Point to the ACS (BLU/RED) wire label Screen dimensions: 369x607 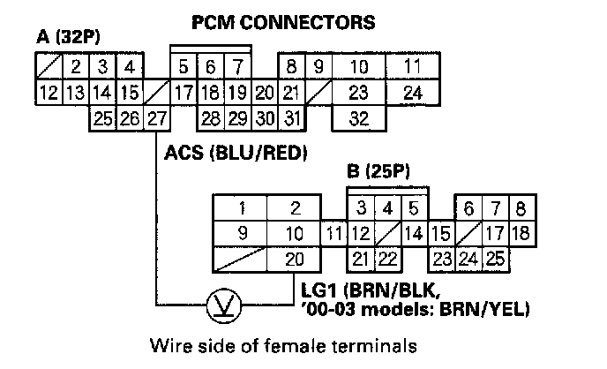tap(236, 153)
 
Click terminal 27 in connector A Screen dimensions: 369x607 tap(157, 117)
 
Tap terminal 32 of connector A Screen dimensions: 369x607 tap(357, 117)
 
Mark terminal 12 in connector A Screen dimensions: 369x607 tap(49, 92)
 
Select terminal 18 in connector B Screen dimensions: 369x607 tap(521, 234)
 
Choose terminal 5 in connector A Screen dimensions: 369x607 tap(183, 66)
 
